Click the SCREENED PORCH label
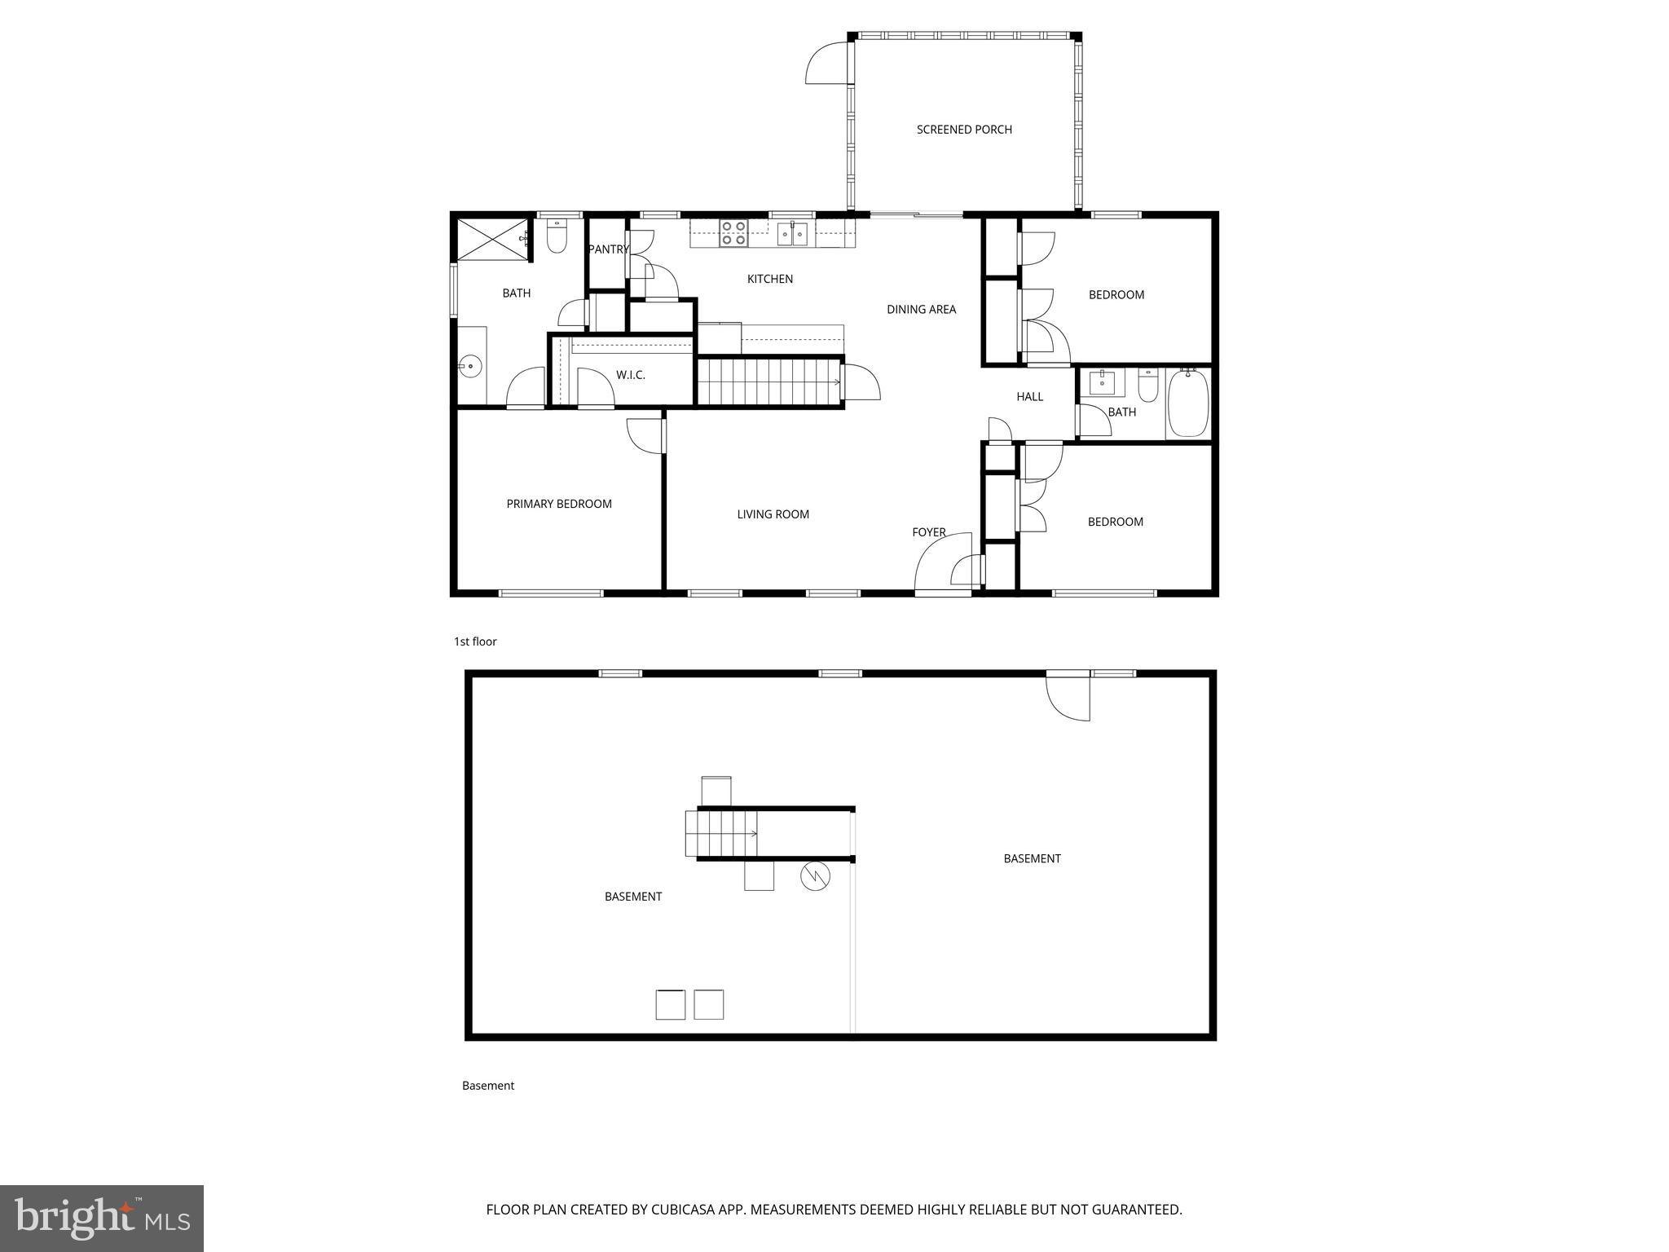(x=964, y=130)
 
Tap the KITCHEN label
(x=769, y=279)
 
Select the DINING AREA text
(x=921, y=309)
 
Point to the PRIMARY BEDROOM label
(x=559, y=504)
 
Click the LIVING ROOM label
(x=773, y=514)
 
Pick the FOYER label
(x=928, y=532)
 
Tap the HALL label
(x=1029, y=397)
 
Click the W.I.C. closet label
(x=630, y=375)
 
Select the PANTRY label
(x=608, y=249)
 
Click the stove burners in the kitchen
(x=733, y=233)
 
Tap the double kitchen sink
(x=791, y=235)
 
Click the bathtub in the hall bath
(x=1188, y=403)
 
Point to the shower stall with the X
(x=491, y=239)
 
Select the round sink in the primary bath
(x=470, y=366)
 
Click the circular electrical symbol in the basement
(x=815, y=876)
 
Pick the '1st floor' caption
(x=475, y=641)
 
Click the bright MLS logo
(x=102, y=1218)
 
